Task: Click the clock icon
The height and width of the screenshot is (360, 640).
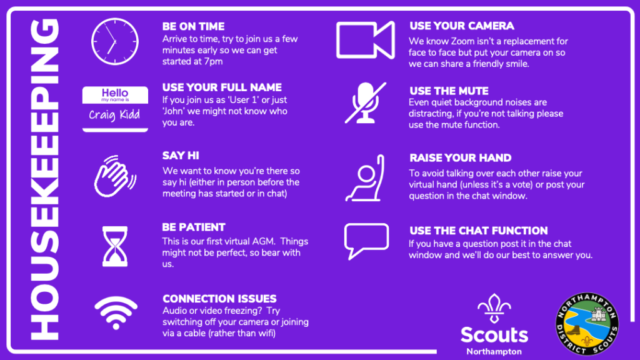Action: click(115, 42)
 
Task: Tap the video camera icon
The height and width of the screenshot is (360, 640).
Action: click(365, 40)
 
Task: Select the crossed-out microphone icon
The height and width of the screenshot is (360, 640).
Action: click(366, 103)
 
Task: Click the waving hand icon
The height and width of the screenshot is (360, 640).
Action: click(115, 176)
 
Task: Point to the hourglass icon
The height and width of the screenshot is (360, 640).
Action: click(115, 246)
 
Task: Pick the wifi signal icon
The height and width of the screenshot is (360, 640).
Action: click(116, 312)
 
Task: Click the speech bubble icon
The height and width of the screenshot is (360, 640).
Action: click(366, 241)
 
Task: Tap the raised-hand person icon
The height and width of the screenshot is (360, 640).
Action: click(365, 178)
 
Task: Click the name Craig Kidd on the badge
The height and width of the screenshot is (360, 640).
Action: click(114, 115)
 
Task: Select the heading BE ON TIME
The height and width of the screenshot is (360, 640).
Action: click(194, 26)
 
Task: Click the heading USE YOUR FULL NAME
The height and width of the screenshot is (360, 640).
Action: click(222, 87)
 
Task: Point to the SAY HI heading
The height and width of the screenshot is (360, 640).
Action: click(181, 156)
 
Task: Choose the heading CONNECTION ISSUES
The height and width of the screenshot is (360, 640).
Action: click(219, 299)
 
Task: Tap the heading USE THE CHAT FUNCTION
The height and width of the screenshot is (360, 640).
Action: click(478, 231)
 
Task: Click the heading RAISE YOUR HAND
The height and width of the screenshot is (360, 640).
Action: click(461, 158)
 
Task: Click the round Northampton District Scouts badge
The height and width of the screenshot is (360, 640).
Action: click(587, 324)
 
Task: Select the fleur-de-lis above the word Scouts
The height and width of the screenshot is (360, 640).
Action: click(494, 309)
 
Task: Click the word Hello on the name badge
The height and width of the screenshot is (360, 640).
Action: click(115, 93)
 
